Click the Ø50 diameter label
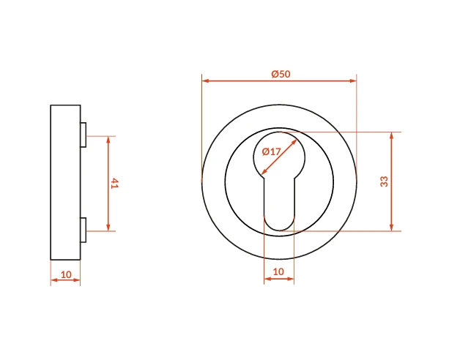tap(281, 74)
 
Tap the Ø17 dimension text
tap(271, 151)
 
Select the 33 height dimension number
tap(384, 181)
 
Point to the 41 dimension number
tap(114, 184)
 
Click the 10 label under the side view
tap(66, 274)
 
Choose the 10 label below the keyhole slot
tap(278, 271)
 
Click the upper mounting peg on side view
tap(84, 135)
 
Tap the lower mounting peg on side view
tap(84, 230)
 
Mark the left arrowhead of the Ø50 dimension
tap(205, 81)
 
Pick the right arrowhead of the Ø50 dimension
tap(353, 81)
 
